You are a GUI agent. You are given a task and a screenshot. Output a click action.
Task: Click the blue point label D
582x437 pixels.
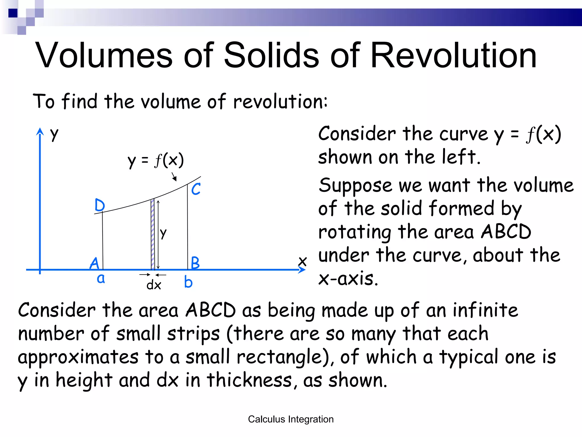coord(100,205)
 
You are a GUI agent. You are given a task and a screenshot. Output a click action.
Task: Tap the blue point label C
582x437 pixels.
coord(196,189)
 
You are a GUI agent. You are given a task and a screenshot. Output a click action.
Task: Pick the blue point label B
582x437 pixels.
coord(195,263)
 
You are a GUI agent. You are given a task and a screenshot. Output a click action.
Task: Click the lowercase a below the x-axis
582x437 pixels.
coord(101,279)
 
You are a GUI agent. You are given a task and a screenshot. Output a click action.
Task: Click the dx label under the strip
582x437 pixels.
coord(153,285)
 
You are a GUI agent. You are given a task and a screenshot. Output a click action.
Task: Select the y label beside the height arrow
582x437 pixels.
coord(163,233)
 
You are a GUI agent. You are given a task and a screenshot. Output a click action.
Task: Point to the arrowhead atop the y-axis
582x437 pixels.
coord(40,132)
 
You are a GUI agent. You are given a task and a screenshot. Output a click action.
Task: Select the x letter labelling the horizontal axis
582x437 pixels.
coord(303,261)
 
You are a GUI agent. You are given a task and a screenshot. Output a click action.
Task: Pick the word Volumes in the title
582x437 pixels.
coord(104,55)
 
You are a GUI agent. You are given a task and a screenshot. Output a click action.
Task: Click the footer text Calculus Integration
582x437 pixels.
coord(291,419)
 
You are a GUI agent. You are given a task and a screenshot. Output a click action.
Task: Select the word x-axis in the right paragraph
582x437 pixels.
coord(348,279)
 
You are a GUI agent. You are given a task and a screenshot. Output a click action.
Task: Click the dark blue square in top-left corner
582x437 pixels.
coord(13,13)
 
